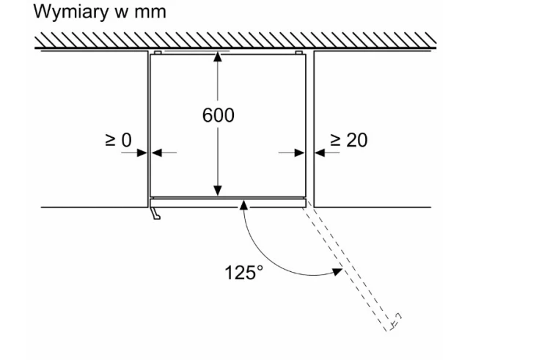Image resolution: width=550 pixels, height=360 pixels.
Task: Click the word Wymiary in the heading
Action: [x=71, y=12]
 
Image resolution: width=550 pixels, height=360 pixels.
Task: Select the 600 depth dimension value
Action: [x=219, y=115]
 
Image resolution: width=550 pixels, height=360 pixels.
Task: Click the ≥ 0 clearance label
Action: [x=118, y=139]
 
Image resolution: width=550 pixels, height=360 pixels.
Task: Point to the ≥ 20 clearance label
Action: [x=348, y=140]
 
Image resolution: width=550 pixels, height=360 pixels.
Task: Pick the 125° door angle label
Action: [x=243, y=272]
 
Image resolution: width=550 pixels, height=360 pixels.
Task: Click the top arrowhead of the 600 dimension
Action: [x=218, y=56]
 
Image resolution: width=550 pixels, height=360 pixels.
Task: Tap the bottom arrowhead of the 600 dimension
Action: [x=218, y=191]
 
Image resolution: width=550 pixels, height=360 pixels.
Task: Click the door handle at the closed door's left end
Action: [x=155, y=213]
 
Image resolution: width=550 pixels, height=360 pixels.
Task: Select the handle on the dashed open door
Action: [x=395, y=320]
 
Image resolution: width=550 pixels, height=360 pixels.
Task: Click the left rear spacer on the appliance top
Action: [x=158, y=53]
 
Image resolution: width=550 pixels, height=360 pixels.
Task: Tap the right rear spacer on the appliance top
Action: [x=299, y=53]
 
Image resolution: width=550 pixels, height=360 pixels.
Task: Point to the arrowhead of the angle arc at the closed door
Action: [x=243, y=205]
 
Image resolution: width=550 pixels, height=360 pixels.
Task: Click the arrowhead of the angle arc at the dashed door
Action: [x=337, y=271]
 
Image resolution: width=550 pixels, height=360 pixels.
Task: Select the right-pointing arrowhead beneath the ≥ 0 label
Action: [x=142, y=153]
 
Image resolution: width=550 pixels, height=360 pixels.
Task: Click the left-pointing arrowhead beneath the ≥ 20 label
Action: [x=320, y=153]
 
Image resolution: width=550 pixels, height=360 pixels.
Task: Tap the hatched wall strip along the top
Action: [x=235, y=40]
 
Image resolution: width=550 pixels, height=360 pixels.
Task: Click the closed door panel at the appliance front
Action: [x=228, y=203]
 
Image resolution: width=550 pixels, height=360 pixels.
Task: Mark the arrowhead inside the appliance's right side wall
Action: [x=299, y=153]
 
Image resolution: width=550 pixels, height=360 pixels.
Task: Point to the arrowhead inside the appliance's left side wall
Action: [x=157, y=153]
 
